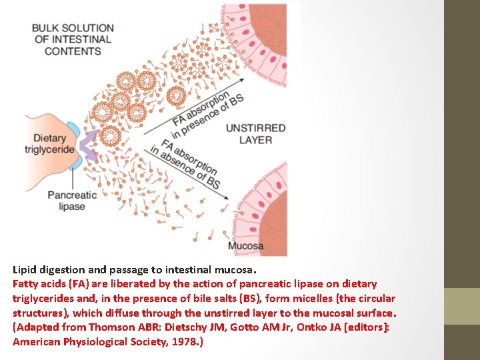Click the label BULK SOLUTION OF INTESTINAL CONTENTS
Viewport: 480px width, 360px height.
tap(73, 39)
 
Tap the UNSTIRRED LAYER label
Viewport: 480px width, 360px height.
tap(255, 134)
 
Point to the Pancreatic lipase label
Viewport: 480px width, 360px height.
tap(72, 201)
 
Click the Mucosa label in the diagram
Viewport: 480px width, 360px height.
tap(245, 246)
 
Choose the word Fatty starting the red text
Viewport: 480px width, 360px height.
tap(26, 284)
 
